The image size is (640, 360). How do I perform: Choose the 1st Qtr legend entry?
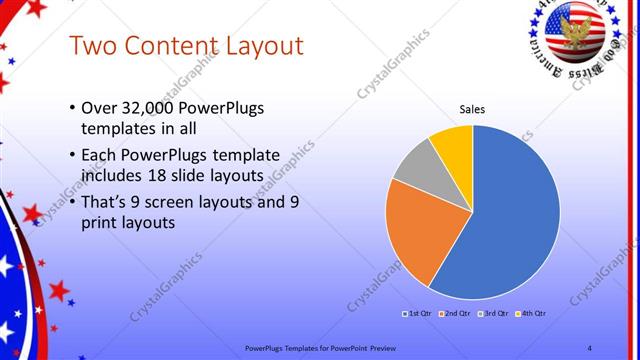click(x=417, y=313)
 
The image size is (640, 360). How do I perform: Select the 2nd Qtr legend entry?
click(x=455, y=313)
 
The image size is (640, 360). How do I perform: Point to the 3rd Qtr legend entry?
click(x=493, y=313)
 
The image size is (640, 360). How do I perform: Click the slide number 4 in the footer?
click(x=589, y=347)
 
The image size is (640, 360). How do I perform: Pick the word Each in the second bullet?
click(x=98, y=155)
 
